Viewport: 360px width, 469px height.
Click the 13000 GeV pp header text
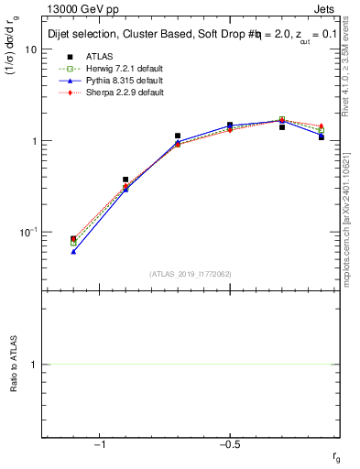coord(75,8)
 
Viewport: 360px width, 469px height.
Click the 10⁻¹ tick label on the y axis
coord(27,233)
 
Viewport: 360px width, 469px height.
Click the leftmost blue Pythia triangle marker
coord(73,251)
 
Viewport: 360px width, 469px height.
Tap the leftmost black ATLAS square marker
coord(73,239)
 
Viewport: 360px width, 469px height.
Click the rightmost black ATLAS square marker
coord(322,136)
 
